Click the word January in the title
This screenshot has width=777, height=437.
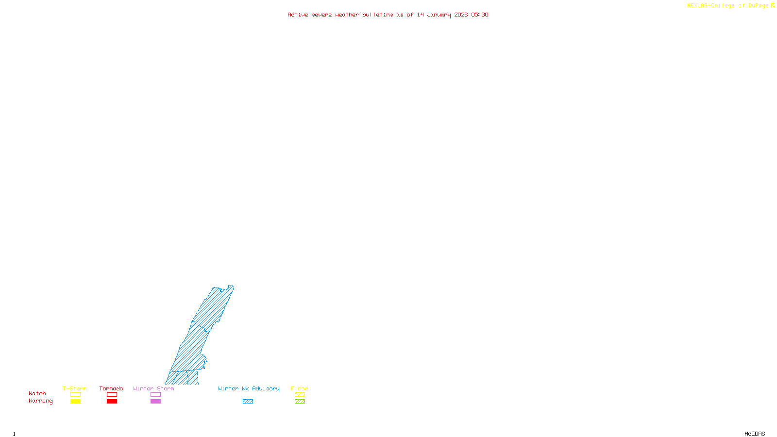point(439,15)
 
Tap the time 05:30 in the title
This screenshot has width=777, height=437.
point(480,15)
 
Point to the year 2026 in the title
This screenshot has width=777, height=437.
point(461,15)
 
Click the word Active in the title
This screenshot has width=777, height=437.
point(298,15)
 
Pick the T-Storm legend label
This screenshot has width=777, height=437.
point(75,388)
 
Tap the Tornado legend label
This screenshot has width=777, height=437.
point(111,388)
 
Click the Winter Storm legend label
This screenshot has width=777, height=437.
point(153,388)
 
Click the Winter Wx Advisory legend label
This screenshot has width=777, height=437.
point(249,388)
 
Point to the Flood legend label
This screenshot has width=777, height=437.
point(300,388)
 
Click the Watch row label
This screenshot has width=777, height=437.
point(37,393)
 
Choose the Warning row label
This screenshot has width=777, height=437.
point(41,401)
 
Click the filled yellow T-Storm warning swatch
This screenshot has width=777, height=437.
point(75,402)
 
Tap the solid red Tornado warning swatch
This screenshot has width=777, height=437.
point(112,402)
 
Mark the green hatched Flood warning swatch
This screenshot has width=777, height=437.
point(300,402)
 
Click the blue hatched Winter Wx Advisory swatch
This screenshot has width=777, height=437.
point(248,402)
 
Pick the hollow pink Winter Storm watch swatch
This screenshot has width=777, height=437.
point(155,395)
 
